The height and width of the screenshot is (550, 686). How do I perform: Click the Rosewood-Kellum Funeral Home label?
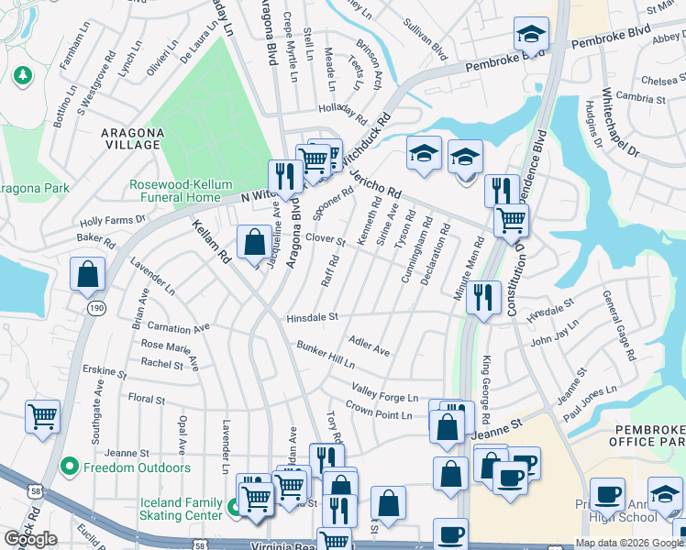click(175, 191)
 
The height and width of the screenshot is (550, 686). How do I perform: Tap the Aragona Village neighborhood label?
click(132, 138)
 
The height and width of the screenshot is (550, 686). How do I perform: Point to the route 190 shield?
click(96, 309)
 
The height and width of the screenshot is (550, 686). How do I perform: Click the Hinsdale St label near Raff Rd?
click(312, 316)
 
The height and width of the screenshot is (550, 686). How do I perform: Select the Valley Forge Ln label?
click(384, 392)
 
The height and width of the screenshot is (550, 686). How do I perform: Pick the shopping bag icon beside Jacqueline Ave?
click(254, 243)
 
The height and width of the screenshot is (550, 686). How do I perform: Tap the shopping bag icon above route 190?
click(87, 273)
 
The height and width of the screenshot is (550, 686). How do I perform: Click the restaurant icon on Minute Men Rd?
click(482, 297)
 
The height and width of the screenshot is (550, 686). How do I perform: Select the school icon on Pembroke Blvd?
click(531, 35)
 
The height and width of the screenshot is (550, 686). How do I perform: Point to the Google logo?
click(30, 539)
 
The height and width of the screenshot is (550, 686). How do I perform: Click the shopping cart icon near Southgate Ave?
click(42, 416)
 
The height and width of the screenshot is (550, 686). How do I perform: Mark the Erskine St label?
click(104, 372)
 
